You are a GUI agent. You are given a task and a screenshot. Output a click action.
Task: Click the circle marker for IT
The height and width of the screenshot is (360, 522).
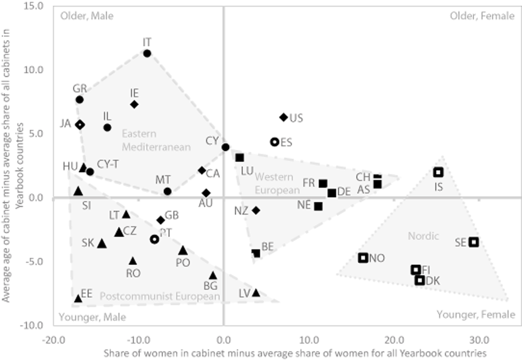147,53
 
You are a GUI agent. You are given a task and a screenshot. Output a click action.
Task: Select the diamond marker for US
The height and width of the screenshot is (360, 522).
284,117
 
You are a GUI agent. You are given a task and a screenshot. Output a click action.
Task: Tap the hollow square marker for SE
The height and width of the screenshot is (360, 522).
474,242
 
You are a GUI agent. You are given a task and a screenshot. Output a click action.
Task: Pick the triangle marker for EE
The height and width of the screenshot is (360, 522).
78,299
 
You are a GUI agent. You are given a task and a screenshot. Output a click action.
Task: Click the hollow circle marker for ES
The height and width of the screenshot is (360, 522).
274,142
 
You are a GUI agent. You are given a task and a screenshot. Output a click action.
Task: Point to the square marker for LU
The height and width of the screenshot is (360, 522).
240,157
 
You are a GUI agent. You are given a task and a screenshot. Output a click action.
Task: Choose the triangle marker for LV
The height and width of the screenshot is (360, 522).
256,293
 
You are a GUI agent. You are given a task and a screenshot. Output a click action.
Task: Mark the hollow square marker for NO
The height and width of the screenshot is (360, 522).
363,257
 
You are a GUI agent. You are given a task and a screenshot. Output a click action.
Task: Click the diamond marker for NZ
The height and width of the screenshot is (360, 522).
256,210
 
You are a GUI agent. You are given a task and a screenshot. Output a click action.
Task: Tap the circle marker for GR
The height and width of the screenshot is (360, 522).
79,100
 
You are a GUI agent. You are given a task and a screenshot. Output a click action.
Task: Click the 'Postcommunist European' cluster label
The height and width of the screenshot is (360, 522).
160,297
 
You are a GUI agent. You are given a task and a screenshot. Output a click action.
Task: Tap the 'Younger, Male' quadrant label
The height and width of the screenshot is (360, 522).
92,317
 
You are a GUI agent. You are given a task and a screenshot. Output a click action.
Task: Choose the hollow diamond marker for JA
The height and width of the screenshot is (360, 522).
80,125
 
